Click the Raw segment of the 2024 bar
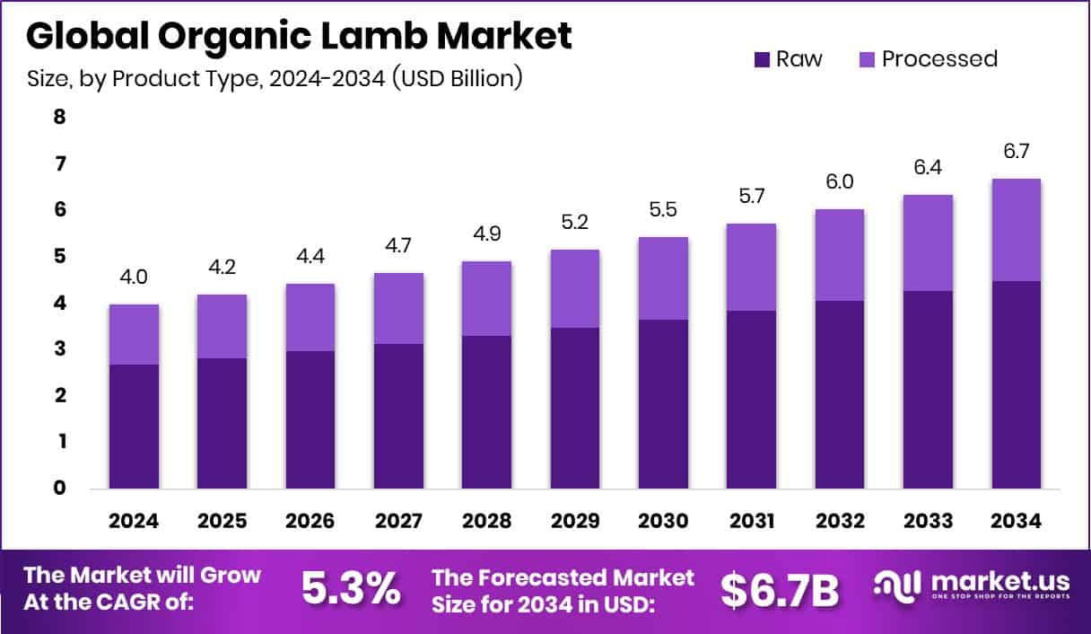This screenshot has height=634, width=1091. pos(135,427)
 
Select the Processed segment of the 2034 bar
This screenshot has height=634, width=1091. pos(1016,230)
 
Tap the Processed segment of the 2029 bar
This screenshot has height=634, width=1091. pos(575,288)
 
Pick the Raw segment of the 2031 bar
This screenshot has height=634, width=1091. pos(751,400)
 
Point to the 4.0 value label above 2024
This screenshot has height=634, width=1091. pos(135,277)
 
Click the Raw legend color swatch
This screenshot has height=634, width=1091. pos(761,59)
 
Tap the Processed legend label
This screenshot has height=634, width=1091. pos(938,59)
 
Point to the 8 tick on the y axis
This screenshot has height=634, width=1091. pos(60,117)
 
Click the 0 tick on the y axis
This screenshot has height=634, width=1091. pos(60,489)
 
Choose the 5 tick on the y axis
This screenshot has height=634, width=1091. pos(60,256)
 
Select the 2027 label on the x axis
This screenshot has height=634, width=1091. pos(398,522)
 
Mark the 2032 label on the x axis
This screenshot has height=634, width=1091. pos(839,522)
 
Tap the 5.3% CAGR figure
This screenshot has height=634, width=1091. pos(351,589)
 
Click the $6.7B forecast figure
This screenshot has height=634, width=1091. pos(780,589)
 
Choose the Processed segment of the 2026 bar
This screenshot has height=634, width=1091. pos(310,317)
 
